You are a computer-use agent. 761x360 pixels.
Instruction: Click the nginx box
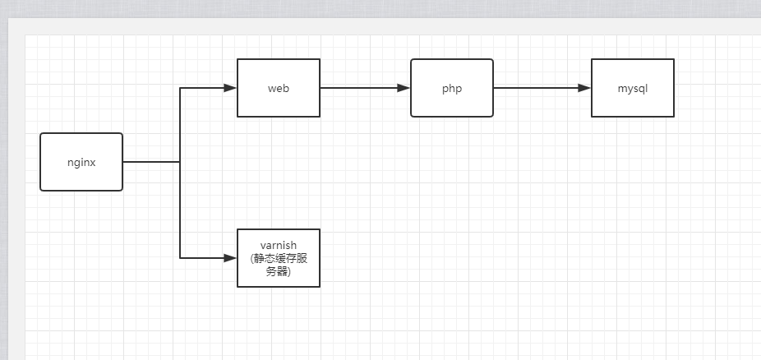(x=81, y=162)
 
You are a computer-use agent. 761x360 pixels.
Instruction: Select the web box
(x=279, y=88)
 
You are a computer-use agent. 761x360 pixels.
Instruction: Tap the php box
(x=452, y=88)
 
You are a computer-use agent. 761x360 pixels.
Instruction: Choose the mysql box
(x=633, y=88)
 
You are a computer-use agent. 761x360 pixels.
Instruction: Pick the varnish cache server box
(x=279, y=258)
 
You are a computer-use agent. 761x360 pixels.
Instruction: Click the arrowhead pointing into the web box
(x=230, y=88)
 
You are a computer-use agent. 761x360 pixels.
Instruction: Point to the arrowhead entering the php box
(x=404, y=88)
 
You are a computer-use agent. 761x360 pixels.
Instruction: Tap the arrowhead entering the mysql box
(x=584, y=88)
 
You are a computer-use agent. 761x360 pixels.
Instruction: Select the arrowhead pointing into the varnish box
(x=230, y=258)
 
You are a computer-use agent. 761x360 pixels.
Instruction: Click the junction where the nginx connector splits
(x=180, y=162)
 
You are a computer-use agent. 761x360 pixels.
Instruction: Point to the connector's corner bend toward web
(x=180, y=88)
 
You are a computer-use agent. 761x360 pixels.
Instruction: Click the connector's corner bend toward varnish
(x=180, y=258)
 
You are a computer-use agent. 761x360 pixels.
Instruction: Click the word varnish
(x=278, y=245)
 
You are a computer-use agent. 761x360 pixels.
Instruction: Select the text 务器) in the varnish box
(x=278, y=272)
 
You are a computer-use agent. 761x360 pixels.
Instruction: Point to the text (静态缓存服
(x=278, y=258)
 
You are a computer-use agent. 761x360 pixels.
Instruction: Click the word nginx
(x=81, y=162)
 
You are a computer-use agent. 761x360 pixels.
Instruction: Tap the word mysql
(x=633, y=88)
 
